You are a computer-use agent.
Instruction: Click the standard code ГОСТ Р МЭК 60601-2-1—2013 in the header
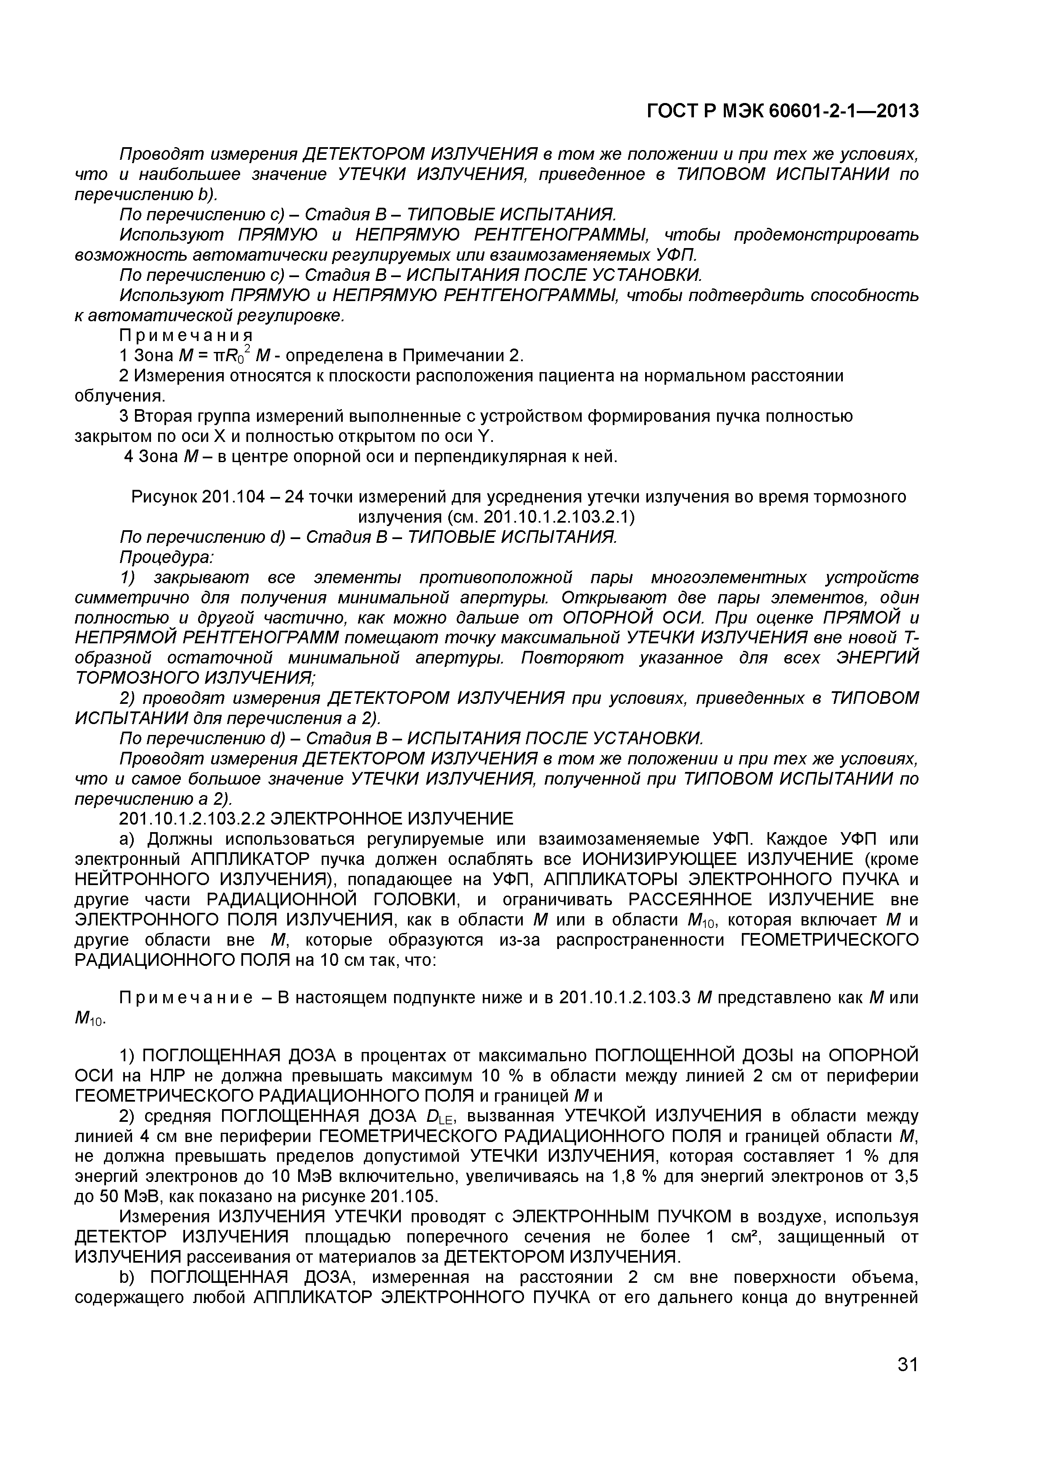click(x=782, y=111)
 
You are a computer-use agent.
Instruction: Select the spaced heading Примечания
click(x=186, y=336)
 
